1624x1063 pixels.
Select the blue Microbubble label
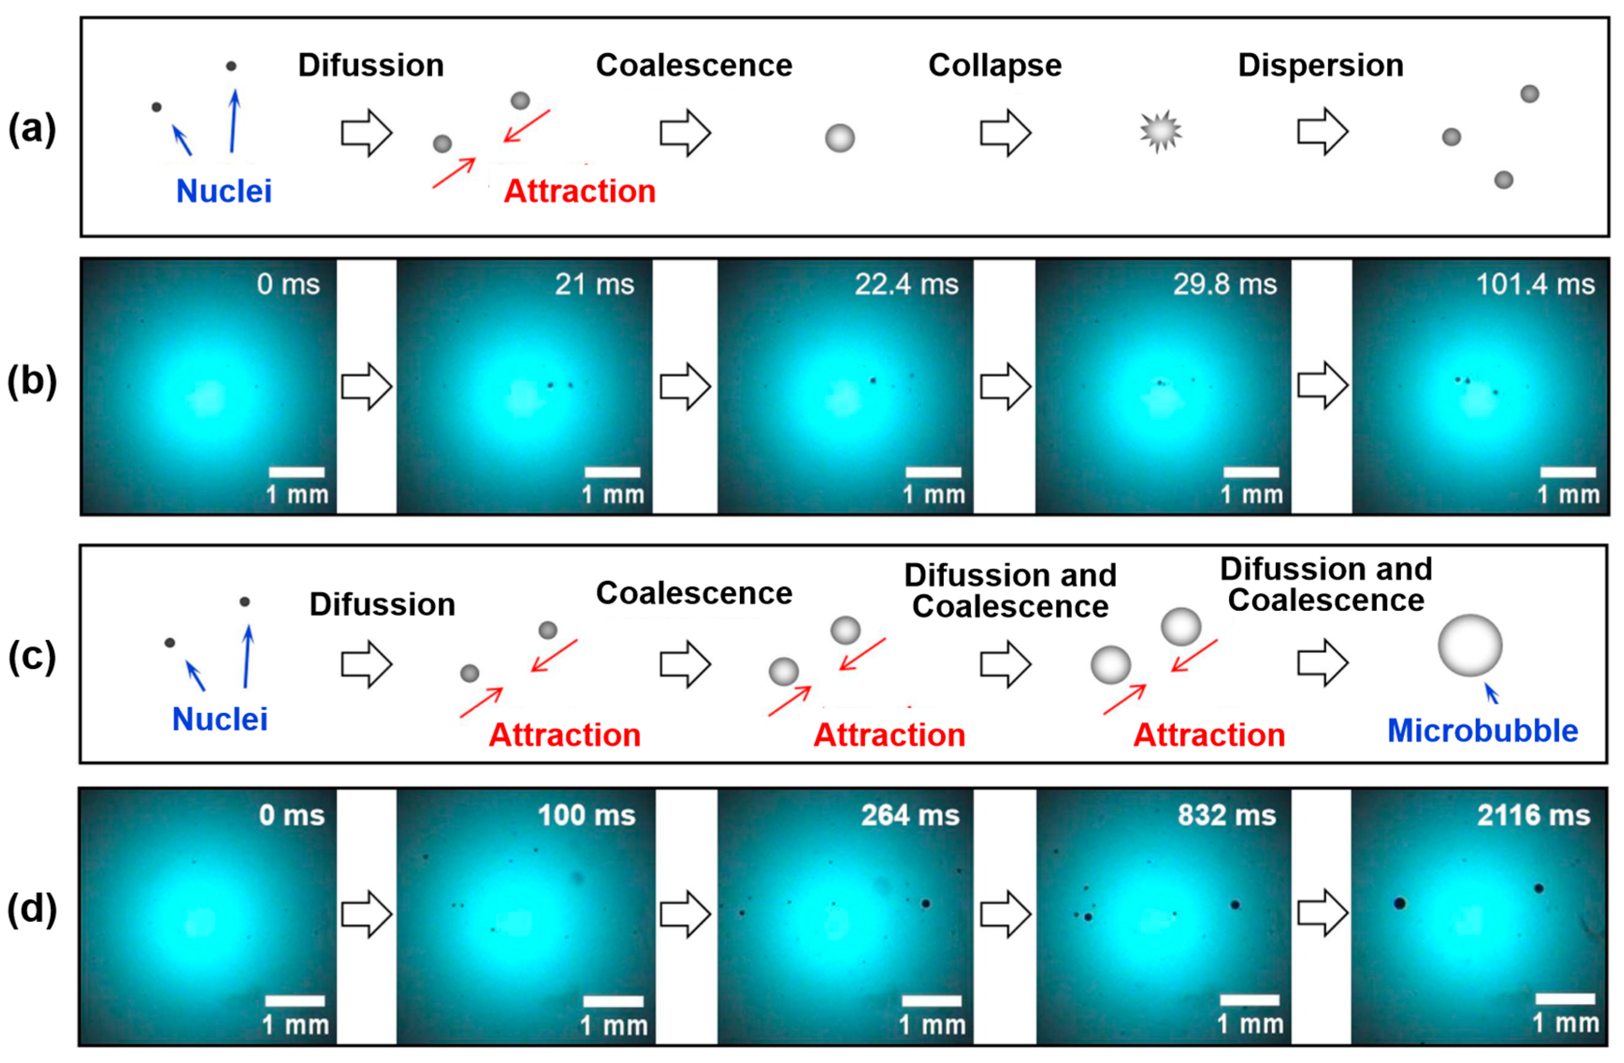point(1482,731)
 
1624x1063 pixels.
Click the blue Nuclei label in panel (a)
point(224,191)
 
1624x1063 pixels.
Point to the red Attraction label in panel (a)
point(579,191)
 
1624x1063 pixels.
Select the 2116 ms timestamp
point(1533,815)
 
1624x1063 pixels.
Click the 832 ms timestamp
point(1226,815)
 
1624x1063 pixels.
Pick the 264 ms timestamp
point(910,815)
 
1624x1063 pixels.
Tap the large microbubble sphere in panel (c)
point(1470,646)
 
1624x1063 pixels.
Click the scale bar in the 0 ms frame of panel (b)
point(297,472)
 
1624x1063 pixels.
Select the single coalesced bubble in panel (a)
point(839,138)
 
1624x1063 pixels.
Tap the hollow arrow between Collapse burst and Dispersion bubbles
point(1322,132)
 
